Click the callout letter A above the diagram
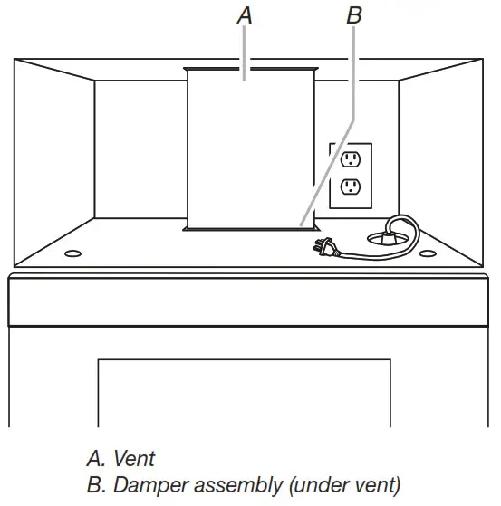click(244, 15)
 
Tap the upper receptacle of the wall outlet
click(350, 161)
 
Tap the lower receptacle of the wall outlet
click(350, 188)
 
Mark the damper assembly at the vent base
click(249, 229)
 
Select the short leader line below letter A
click(244, 50)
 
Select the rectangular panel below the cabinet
click(244, 391)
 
